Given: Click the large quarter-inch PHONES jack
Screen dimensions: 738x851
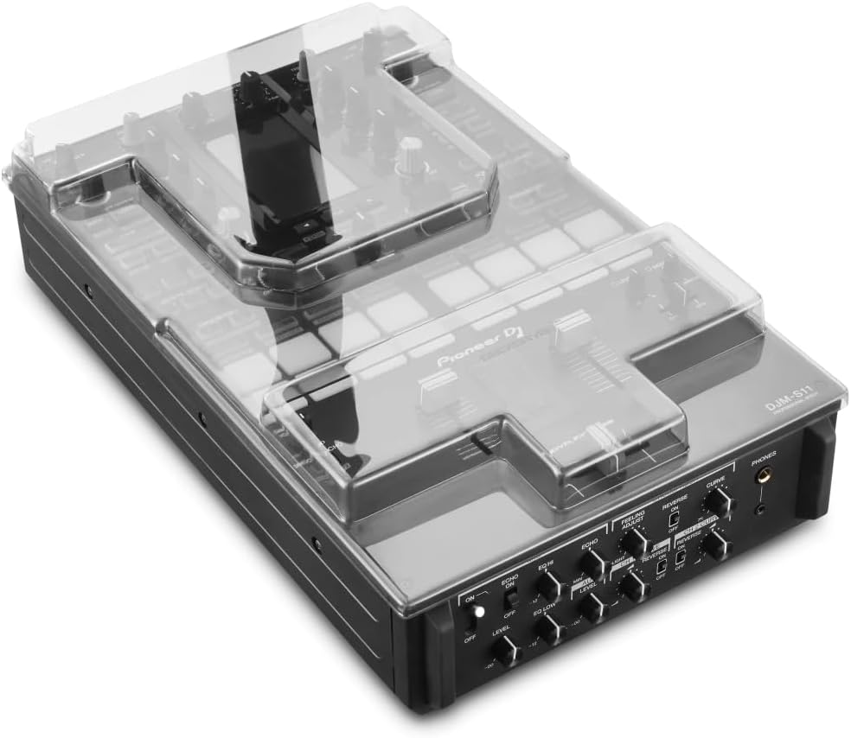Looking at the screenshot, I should [765, 474].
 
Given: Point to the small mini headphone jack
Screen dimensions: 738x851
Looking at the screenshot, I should [759, 508].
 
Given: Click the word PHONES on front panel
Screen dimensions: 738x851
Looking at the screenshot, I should [764, 453].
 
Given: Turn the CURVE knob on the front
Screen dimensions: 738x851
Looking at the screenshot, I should [717, 501].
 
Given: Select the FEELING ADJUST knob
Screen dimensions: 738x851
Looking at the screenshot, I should [635, 543].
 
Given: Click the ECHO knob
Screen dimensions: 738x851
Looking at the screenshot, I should [592, 564].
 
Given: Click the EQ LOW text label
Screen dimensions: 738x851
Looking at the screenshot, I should [544, 611].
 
